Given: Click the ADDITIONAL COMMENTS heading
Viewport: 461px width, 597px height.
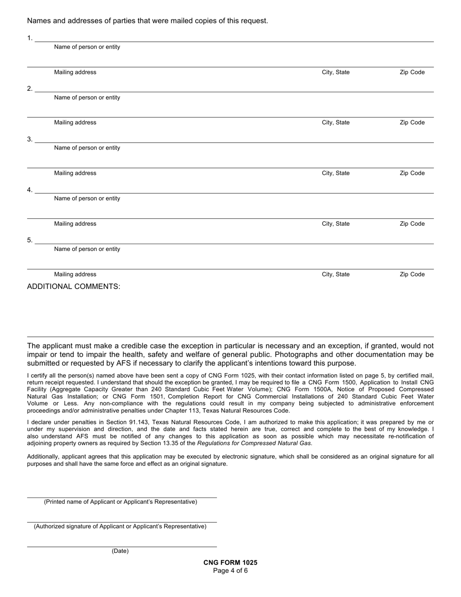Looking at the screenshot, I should coord(73,286).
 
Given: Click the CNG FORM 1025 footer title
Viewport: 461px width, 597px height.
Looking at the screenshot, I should coord(230,563).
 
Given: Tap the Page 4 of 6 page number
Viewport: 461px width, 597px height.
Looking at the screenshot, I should coord(230,570).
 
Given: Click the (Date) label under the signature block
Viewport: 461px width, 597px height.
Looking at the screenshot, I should coord(120,551).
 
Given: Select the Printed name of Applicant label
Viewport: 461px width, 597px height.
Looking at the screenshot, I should coord(120,502).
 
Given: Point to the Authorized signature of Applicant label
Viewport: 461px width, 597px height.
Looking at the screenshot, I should coord(120,526).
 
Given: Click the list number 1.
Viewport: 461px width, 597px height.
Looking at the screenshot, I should coord(30,38).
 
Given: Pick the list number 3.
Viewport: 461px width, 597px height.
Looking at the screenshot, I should coord(30,139).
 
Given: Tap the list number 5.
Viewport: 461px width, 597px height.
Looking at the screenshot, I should coord(30,240).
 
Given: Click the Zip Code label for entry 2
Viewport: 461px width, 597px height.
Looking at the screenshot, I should coord(412,123).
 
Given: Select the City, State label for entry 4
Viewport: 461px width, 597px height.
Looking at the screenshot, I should coord(335,224).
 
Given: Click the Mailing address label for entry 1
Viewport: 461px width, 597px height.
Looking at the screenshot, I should coord(75,72).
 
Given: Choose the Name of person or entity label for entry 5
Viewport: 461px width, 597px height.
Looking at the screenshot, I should coord(87,249).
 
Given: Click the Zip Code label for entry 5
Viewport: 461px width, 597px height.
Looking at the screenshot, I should coord(412,274).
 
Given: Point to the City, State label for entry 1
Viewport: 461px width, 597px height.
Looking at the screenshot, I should coord(335,72).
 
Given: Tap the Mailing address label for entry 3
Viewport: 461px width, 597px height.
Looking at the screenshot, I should coord(75,173).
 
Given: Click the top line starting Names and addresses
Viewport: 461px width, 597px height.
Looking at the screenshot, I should coord(148,21).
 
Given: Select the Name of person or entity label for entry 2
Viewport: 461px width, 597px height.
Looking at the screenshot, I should coord(87,98).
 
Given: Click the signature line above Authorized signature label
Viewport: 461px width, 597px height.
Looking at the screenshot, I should coord(121,522).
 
